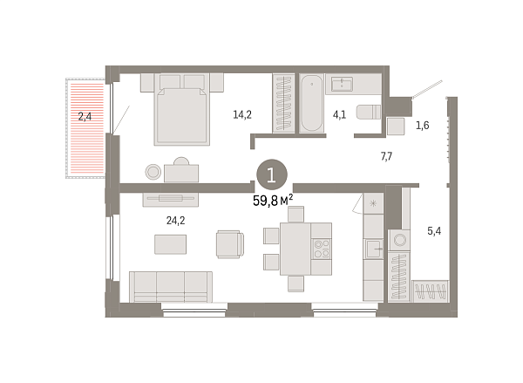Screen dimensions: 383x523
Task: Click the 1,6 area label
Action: click(x=423, y=126)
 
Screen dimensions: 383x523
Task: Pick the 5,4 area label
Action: click(x=433, y=231)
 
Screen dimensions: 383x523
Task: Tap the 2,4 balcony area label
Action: click(x=85, y=115)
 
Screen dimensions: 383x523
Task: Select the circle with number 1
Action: click(x=272, y=174)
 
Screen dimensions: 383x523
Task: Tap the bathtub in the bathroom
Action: click(x=312, y=104)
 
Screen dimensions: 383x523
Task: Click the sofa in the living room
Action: click(x=170, y=284)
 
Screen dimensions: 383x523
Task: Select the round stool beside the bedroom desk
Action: click(x=153, y=172)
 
